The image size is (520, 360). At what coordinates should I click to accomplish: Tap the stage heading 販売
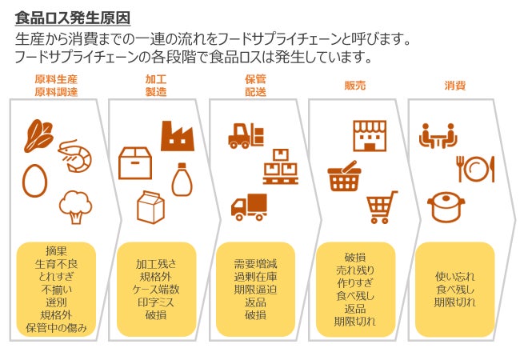(x=354, y=85)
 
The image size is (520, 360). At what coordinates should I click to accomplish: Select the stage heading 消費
(x=455, y=85)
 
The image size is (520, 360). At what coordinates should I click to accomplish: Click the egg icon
(x=34, y=179)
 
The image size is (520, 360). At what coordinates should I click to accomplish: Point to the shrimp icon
(x=75, y=154)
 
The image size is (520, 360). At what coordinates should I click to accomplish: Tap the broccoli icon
(x=76, y=206)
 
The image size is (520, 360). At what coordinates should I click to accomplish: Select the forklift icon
(x=246, y=135)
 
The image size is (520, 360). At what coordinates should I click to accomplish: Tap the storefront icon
(x=369, y=136)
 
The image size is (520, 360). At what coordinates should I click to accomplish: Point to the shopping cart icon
(x=382, y=207)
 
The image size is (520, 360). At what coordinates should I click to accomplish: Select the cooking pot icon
(x=446, y=206)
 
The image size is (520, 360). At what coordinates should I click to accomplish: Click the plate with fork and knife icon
(x=474, y=169)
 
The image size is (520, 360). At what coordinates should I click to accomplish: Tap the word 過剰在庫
(x=255, y=277)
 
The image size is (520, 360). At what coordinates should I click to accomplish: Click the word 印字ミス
(x=157, y=302)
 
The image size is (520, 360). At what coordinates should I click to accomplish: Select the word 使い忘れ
(x=454, y=277)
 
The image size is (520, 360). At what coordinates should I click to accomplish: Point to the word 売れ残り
(x=355, y=270)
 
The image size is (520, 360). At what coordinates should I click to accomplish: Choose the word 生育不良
(x=56, y=264)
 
